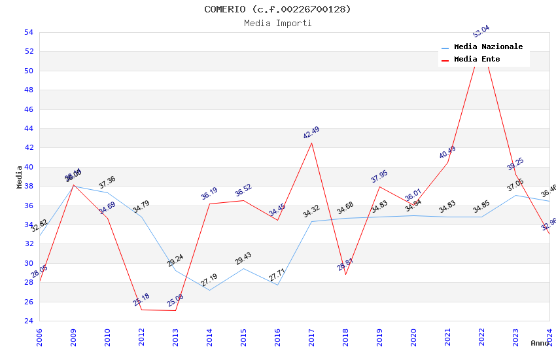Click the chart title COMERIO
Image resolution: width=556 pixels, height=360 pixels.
coord(277,9)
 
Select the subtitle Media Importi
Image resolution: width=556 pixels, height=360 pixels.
coord(277,23)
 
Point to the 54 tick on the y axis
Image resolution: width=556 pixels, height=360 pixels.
coord(28,32)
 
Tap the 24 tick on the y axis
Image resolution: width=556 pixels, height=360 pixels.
coord(28,321)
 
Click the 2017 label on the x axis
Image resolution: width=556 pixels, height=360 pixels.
coord(311,338)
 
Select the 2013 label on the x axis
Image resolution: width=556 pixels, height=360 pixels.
coord(175,338)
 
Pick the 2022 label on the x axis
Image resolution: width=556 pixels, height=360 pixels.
coord(481,338)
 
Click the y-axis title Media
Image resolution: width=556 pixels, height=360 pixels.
coord(20,177)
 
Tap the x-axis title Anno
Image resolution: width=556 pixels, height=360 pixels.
coord(540,343)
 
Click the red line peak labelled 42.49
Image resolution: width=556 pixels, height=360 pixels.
coord(311,143)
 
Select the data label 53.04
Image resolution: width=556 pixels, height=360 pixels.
coord(481,31)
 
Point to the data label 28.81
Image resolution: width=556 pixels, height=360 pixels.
coord(345,264)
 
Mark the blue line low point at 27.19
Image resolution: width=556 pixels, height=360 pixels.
coord(209,290)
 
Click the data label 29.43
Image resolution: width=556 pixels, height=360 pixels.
coord(243,259)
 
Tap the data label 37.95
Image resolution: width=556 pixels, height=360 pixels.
coord(379,177)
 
